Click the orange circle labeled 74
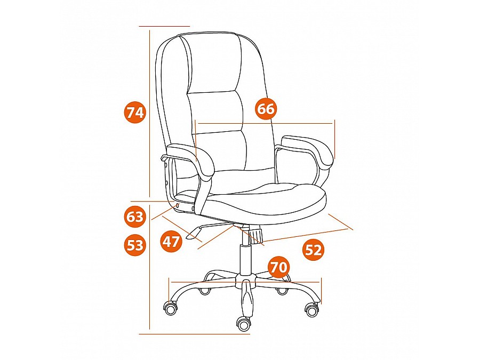[x=135, y=113]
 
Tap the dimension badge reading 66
[x=266, y=109]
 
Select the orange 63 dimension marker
[x=135, y=217]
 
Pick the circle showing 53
[x=135, y=245]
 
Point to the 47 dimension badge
[x=171, y=242]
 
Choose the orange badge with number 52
[x=314, y=250]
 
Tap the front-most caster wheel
[x=244, y=324]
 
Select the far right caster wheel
[x=312, y=310]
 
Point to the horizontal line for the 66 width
[x=265, y=123]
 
